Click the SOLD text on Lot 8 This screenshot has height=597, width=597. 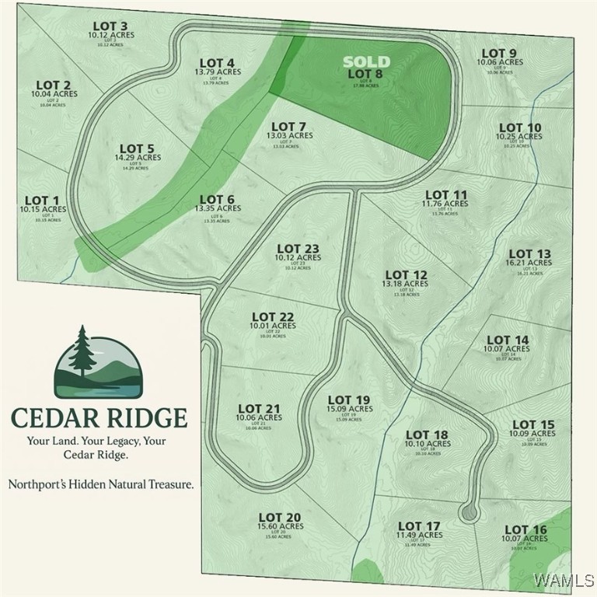(367, 61)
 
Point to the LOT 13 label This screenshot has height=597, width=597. (529, 253)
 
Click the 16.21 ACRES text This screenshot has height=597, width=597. (529, 264)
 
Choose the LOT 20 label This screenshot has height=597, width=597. (279, 517)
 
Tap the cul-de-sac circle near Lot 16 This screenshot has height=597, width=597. (469, 511)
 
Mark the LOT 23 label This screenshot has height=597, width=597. (298, 249)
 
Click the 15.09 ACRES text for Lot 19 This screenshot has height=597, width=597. (349, 409)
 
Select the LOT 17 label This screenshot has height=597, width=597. (420, 526)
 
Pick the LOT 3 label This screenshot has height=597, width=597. (108, 26)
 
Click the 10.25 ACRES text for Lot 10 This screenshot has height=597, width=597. (520, 137)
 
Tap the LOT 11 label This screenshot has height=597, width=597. (446, 194)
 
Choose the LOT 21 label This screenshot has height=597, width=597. (259, 408)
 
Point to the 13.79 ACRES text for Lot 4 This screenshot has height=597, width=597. (218, 72)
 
